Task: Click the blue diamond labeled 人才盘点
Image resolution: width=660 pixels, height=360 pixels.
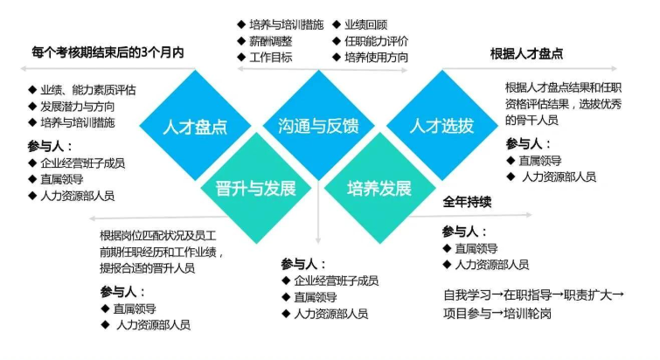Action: coord(195,125)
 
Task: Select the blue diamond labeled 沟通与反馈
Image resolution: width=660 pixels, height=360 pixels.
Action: coord(318,125)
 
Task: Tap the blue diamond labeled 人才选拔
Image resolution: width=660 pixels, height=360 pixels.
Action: coord(442,125)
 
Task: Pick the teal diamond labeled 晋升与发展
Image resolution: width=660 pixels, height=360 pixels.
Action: coord(256,188)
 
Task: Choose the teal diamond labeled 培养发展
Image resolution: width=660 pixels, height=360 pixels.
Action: coord(379,188)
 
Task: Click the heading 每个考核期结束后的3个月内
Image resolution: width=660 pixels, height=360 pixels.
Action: coord(108,53)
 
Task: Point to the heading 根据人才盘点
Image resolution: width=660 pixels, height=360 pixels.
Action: coord(526,54)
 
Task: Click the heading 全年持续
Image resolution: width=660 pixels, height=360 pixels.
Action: coord(467,202)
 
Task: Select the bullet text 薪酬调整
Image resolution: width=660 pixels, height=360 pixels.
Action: coord(271,41)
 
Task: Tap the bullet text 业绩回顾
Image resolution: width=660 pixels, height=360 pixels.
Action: coord(365,24)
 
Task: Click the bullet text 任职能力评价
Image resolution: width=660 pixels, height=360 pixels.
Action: coord(376,41)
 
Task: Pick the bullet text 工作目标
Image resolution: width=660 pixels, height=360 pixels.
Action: coord(271,57)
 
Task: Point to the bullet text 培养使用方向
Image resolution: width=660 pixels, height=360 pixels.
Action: coord(376,57)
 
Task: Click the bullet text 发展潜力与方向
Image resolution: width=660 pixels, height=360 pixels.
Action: coord(78,107)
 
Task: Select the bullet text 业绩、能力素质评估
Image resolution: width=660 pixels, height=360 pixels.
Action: coord(88,90)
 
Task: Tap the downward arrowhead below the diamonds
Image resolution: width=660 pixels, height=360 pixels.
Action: coord(318,240)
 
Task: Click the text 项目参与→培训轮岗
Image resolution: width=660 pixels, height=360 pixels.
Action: coord(497,314)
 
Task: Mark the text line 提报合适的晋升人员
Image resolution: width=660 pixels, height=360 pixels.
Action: coord(148,268)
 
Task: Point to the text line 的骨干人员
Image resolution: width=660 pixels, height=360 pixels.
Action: coord(531,120)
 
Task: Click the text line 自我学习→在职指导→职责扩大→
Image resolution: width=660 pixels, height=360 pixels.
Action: coord(534,294)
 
